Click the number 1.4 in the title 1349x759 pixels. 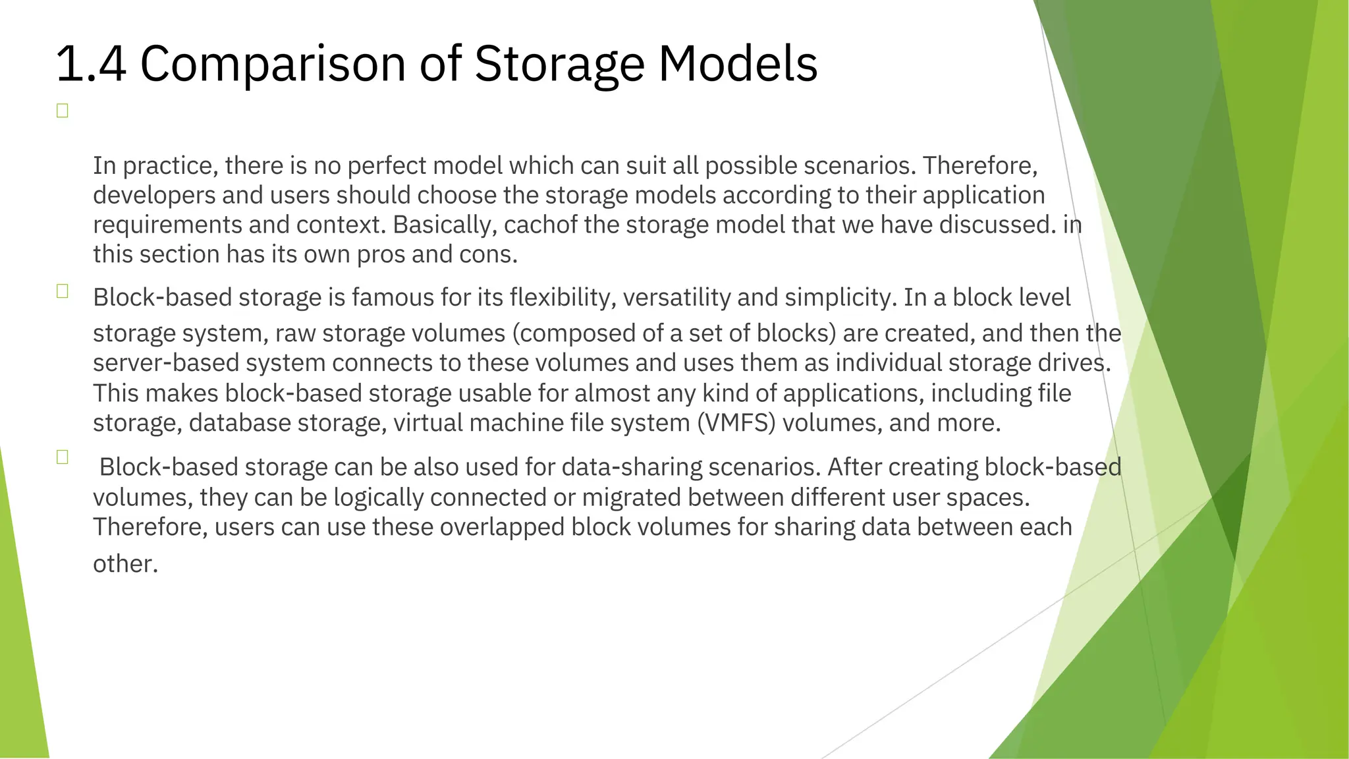[x=91, y=64]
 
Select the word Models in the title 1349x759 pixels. [x=738, y=64]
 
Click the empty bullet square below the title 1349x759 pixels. [x=63, y=111]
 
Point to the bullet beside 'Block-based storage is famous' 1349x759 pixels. [x=63, y=291]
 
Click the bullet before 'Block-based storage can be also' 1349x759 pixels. [x=63, y=457]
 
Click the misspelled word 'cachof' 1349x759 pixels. [x=533, y=225]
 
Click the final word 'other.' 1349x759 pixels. [x=125, y=564]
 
